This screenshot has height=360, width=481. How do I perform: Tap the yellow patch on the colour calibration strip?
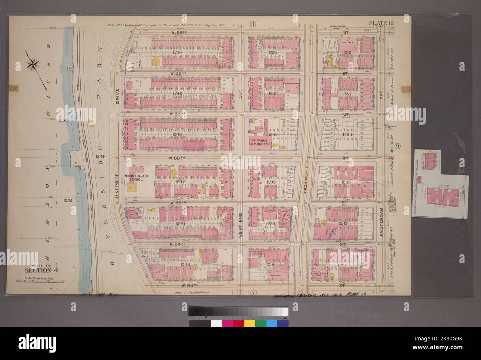tap(250, 324)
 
